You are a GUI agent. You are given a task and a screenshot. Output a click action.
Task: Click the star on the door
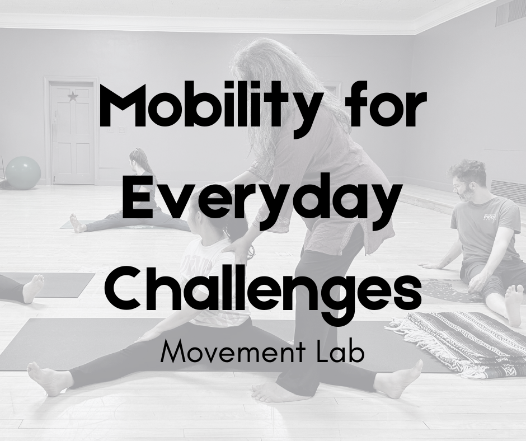[72, 96]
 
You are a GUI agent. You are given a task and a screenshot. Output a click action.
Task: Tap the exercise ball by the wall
[23, 172]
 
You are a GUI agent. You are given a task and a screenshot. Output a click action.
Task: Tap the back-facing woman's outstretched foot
[77, 223]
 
